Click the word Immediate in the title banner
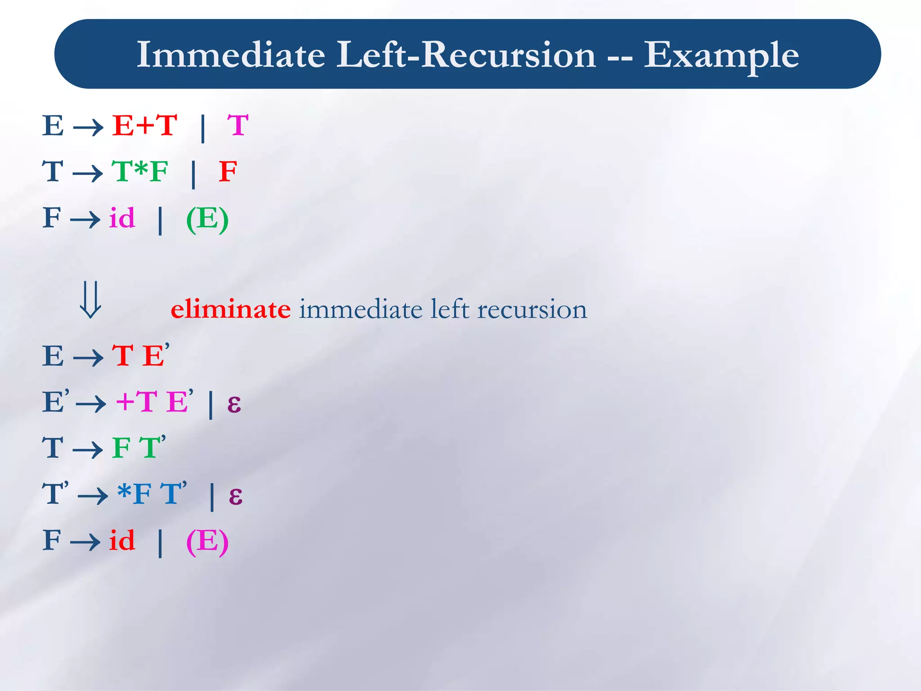tap(231, 54)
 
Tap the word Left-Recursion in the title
tap(466, 54)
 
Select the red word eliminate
tap(230, 310)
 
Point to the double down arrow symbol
tap(90, 300)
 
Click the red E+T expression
tap(145, 126)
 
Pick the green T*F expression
tap(140, 172)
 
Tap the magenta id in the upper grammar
tap(122, 219)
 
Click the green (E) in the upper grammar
tap(207, 220)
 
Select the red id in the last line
tap(122, 541)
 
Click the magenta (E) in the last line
tap(207, 542)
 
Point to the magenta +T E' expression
tap(154, 401)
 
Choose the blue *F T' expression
tap(152, 494)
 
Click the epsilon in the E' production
tap(234, 404)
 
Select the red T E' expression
tap(140, 356)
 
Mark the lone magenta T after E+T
tap(238, 126)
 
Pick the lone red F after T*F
tap(228, 172)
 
